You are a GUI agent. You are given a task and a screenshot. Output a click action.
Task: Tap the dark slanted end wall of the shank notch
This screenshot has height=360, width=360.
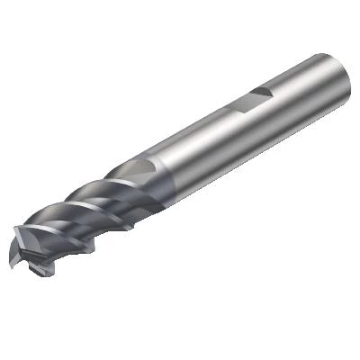tap(267, 92)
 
